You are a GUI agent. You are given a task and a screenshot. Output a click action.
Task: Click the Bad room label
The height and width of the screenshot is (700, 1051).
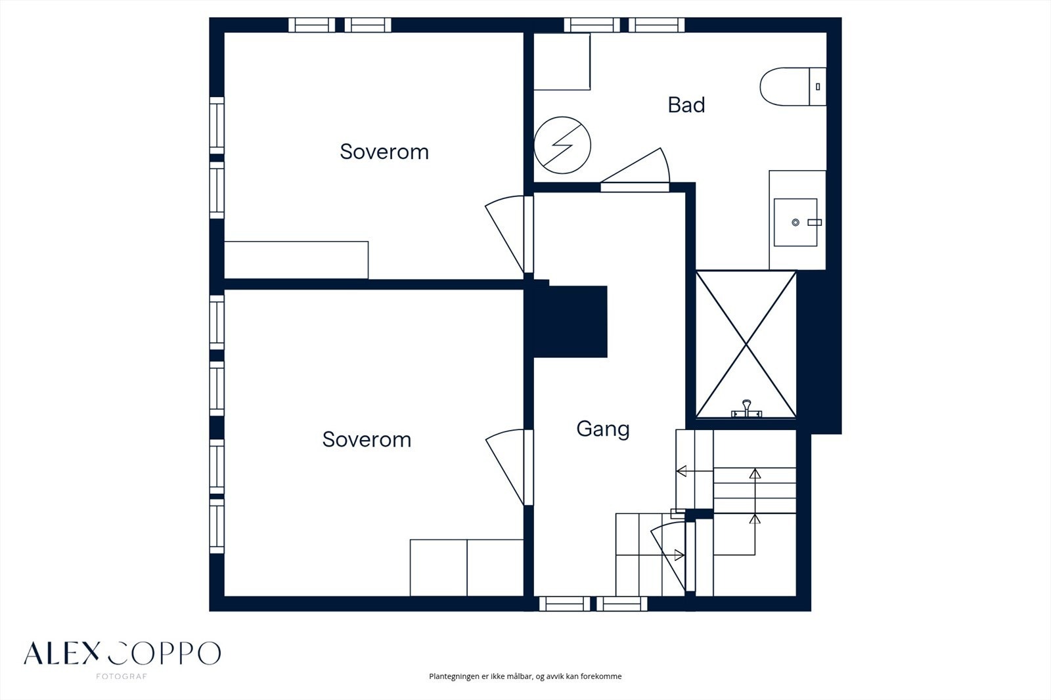coord(686,104)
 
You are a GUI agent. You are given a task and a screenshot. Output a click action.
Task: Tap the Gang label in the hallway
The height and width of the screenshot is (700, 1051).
coord(603,429)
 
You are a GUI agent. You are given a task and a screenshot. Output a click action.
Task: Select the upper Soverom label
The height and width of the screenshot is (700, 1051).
coord(384,152)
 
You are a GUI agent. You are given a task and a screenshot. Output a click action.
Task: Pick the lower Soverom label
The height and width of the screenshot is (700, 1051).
coord(367,439)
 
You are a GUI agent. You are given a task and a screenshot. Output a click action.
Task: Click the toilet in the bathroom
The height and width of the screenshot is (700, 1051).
coord(793,86)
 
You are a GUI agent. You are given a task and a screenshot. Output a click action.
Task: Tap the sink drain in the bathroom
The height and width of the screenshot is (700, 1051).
coord(795,223)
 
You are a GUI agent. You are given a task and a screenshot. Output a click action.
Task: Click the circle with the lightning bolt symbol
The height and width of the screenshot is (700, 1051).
coord(562,145)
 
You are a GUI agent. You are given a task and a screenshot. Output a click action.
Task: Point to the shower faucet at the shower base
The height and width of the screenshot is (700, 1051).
coord(746,409)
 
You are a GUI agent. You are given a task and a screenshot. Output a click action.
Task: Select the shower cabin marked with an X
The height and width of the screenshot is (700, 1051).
coord(746,344)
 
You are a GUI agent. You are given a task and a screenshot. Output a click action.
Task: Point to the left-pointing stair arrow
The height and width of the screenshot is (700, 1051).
coord(694,471)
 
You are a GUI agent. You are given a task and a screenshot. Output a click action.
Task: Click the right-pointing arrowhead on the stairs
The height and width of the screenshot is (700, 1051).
coord(679,555)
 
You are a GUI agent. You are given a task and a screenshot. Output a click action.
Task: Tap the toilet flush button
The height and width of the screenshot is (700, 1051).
coord(818,87)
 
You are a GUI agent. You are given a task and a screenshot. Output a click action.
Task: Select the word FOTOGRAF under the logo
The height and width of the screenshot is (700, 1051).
coord(122,676)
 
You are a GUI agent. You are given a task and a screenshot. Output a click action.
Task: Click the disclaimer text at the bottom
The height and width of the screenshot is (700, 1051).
coord(525,676)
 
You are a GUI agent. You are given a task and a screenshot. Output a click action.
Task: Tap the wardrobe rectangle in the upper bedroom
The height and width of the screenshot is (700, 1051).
coord(296,260)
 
